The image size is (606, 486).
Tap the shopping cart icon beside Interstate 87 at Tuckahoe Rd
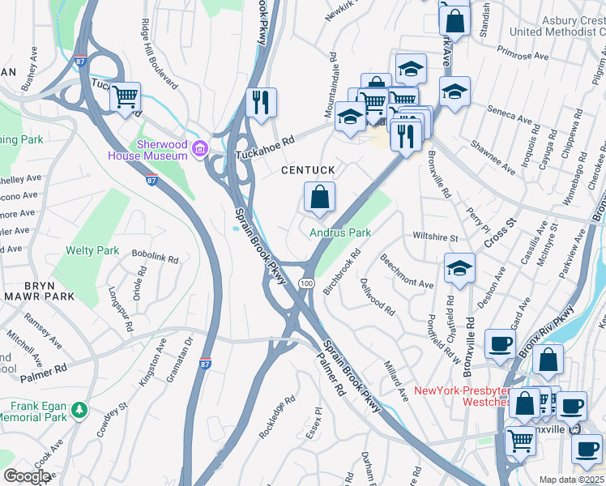click(x=126, y=98)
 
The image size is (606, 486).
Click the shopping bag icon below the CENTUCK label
click(x=319, y=197)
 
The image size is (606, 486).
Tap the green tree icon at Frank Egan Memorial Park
click(x=79, y=411)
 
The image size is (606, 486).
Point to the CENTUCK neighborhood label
click(x=307, y=171)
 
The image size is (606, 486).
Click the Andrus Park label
click(x=340, y=232)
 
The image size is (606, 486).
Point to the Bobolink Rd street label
click(x=154, y=258)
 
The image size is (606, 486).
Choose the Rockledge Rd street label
click(x=278, y=419)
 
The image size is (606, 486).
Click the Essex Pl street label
click(x=314, y=428)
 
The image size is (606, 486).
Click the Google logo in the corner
click(x=27, y=477)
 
